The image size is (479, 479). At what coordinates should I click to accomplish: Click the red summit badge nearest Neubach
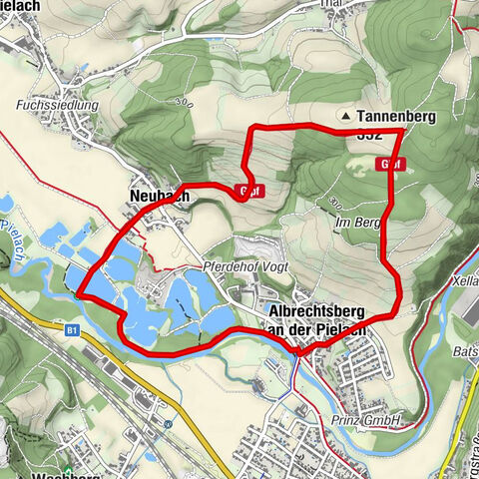point(250,190)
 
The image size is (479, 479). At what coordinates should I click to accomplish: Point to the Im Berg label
point(357,223)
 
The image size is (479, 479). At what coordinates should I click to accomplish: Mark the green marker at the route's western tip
point(77,293)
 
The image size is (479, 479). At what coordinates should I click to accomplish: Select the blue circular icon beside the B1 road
point(169,423)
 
